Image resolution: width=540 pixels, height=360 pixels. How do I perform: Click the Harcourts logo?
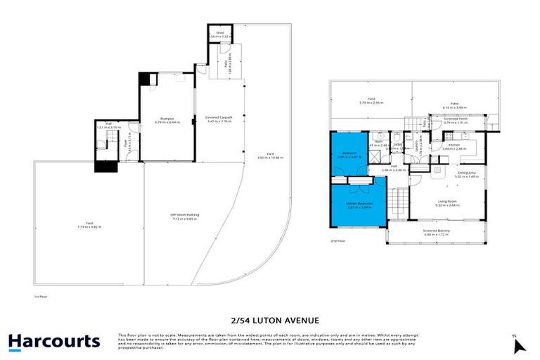pos(54,342)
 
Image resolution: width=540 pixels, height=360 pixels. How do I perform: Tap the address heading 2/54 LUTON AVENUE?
pos(269,318)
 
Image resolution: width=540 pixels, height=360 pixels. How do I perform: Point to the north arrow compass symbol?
pos(519,345)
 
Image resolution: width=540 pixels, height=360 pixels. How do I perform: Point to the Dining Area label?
pos(468,172)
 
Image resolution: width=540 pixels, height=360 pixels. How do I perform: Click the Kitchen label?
pos(454,144)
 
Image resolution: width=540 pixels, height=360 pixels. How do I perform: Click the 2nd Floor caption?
pos(339,240)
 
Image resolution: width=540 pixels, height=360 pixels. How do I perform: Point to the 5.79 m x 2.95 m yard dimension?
pos(370,103)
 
